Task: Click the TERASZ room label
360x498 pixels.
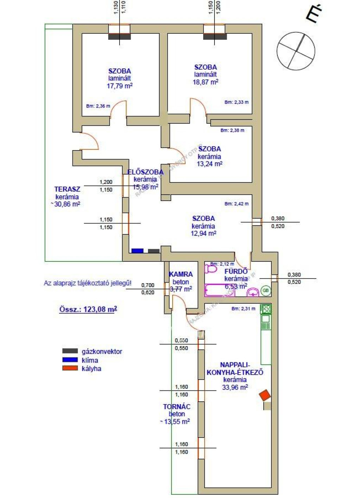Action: tap(67, 189)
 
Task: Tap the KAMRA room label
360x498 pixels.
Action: tap(181, 274)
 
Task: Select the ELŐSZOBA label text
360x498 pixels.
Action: tap(145, 172)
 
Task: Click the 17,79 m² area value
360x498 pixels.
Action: tap(120, 86)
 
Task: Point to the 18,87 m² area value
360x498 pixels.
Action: tap(205, 82)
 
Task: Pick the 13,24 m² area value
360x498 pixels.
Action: tap(209, 164)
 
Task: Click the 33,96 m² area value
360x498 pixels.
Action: tap(235, 387)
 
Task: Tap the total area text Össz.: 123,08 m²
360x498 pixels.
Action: tap(88, 309)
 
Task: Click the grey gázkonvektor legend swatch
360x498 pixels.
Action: tap(70, 351)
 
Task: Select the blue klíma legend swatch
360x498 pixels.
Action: tap(70, 360)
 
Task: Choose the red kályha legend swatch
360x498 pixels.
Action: tap(70, 368)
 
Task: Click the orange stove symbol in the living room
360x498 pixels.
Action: tap(265, 395)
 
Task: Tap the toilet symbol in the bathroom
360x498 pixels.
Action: tap(211, 269)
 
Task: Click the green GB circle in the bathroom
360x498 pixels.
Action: tap(266, 291)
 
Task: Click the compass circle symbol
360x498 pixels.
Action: tap(296, 51)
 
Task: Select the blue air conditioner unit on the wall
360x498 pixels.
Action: tap(137, 251)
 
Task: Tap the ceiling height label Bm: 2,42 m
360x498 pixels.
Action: tap(236, 204)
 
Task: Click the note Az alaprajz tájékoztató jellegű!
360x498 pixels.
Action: tap(88, 283)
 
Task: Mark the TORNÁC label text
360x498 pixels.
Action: tap(176, 407)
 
